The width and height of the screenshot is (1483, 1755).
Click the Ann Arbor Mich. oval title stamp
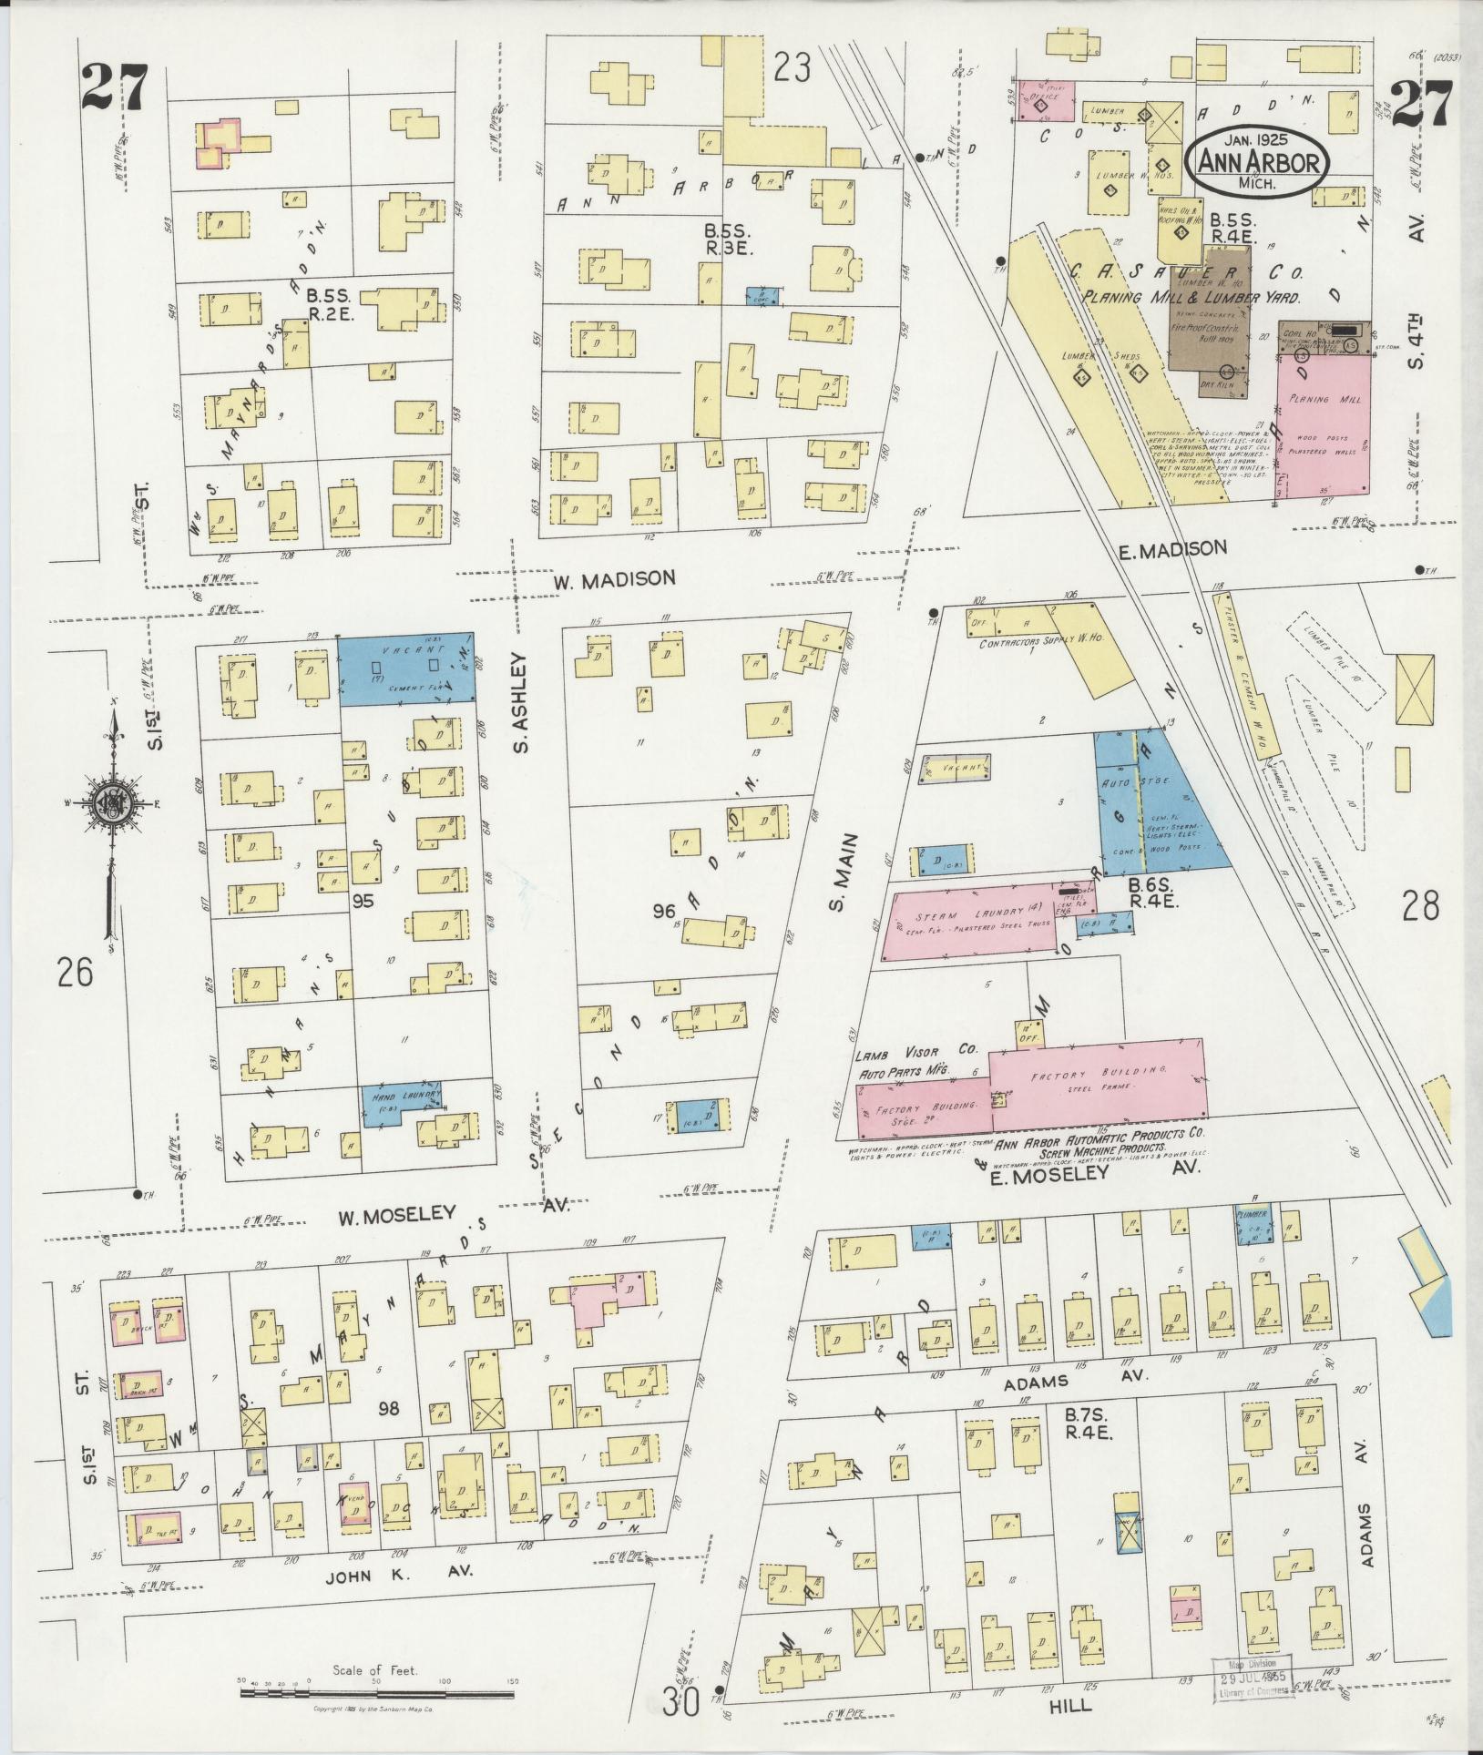point(1256,162)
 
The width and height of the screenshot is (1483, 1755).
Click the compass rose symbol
point(110,801)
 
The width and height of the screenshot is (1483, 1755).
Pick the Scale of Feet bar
point(378,1693)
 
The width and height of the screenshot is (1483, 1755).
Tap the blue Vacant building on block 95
point(406,668)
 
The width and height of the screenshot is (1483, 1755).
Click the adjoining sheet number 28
point(1421,905)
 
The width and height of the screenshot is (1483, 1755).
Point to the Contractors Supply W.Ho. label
point(1040,641)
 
